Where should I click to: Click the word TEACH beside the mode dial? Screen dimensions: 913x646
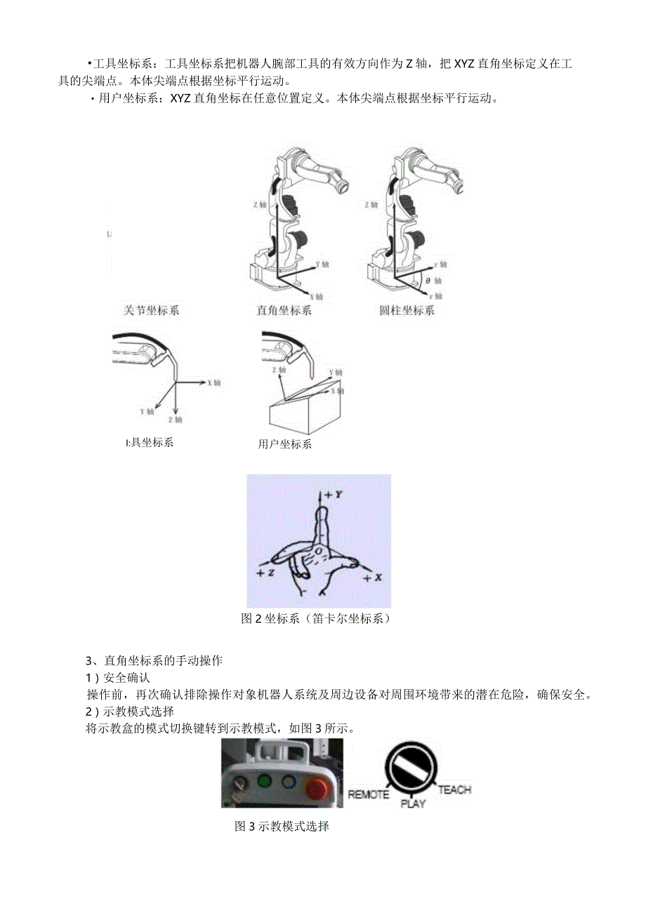[x=454, y=789]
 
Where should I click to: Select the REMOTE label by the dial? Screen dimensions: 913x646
[x=369, y=794]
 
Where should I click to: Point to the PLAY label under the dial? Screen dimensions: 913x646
[x=413, y=804]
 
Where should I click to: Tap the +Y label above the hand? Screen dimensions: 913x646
[x=334, y=494]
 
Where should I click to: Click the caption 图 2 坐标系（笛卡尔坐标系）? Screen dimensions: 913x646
[x=315, y=619]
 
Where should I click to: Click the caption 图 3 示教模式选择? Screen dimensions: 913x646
[x=282, y=827]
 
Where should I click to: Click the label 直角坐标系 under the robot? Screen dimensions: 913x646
[x=284, y=310]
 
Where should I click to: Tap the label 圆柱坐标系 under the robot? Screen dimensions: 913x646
[x=407, y=310]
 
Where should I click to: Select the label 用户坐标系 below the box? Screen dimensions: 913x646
[x=284, y=444]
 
